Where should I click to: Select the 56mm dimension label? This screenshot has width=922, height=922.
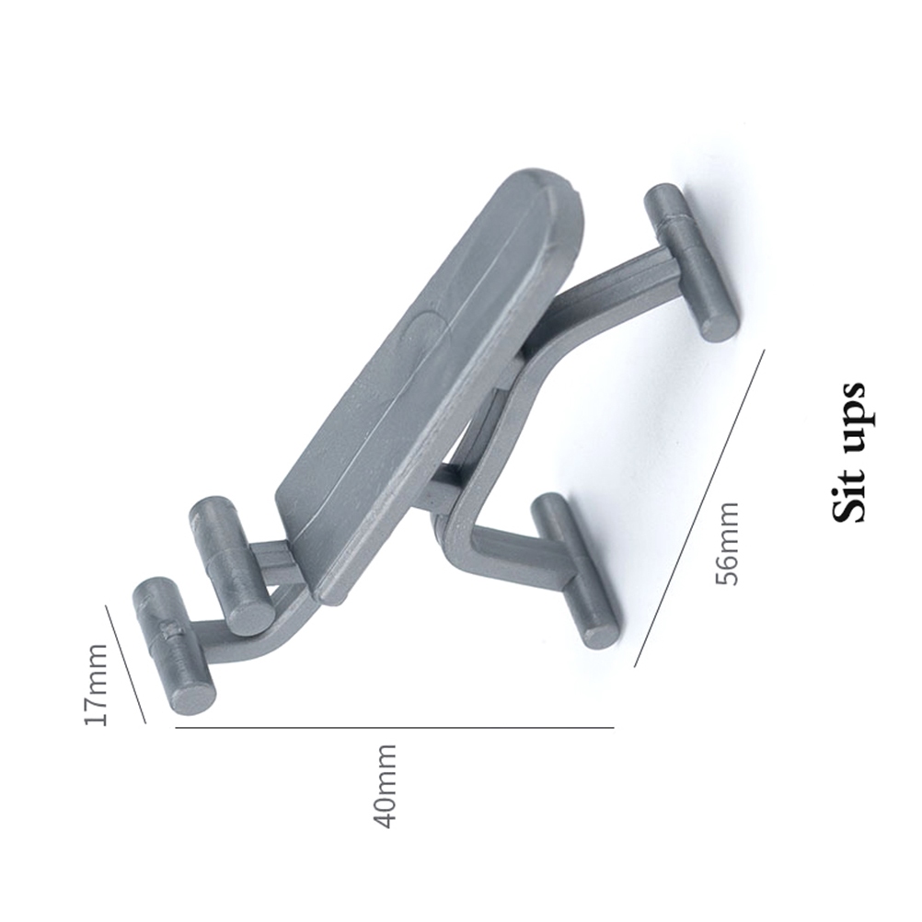coord(726,543)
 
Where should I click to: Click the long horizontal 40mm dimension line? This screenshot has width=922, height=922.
coord(395,728)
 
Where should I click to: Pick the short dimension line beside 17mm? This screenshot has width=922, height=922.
coord(125,664)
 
